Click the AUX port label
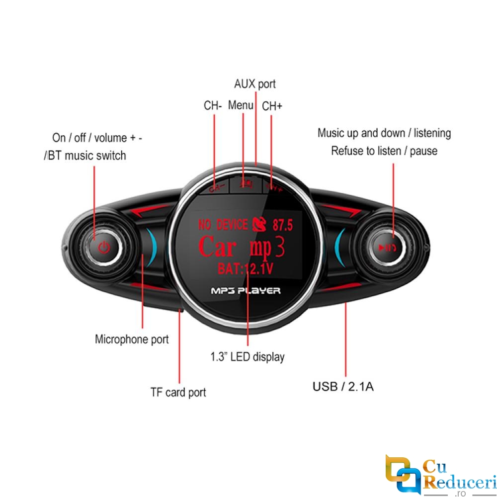coord(254,84)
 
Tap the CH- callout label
coord(213,106)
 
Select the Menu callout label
coord(241,105)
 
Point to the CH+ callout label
coord(272,106)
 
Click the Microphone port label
coord(132,339)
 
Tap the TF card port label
coord(178,392)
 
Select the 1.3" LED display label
coord(248,356)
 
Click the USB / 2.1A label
coord(343,386)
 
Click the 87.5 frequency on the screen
coord(283,225)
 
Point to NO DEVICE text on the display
coord(223,225)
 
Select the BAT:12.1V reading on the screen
coord(246,269)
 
